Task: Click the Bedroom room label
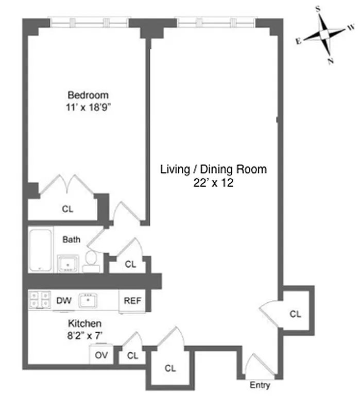(x=88, y=95)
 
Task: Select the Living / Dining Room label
(x=213, y=169)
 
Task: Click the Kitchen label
(x=85, y=323)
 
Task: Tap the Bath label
(x=71, y=239)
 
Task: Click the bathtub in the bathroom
(x=40, y=250)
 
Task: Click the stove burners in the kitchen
(x=40, y=301)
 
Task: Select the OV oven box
(x=101, y=355)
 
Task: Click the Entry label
(x=259, y=385)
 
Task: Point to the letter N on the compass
(x=330, y=61)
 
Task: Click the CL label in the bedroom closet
(x=67, y=209)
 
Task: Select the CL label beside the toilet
(x=130, y=264)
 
